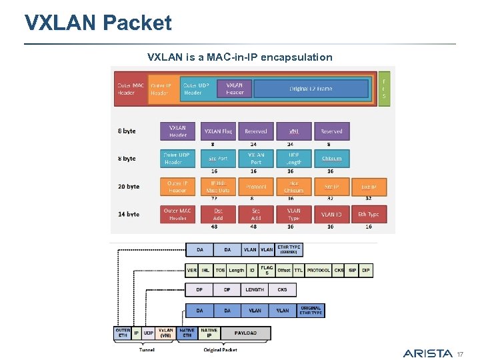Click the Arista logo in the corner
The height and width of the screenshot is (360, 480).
point(427,353)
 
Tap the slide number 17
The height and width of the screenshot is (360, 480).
point(459,353)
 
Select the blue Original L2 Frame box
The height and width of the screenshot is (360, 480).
point(311,89)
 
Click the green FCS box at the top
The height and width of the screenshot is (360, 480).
point(383,88)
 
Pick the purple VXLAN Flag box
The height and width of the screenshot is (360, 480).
point(217,131)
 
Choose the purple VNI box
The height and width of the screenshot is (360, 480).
point(294,131)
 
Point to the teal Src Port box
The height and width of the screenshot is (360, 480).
point(217,159)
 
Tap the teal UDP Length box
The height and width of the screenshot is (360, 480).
point(294,159)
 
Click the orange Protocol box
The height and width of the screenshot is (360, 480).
point(256,187)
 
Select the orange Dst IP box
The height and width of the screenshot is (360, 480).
point(369,187)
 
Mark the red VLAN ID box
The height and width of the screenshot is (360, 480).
point(331,214)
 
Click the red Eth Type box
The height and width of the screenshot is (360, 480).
point(369,214)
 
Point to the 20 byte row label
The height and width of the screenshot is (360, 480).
point(129,187)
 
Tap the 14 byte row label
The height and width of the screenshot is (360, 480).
point(129,214)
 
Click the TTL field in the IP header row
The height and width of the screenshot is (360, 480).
point(299,271)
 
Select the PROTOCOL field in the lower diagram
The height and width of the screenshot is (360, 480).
point(319,271)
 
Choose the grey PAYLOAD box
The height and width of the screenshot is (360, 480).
point(245,333)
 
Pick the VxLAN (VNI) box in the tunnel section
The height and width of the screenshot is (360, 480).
point(166,333)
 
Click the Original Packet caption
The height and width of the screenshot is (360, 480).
point(220,349)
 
